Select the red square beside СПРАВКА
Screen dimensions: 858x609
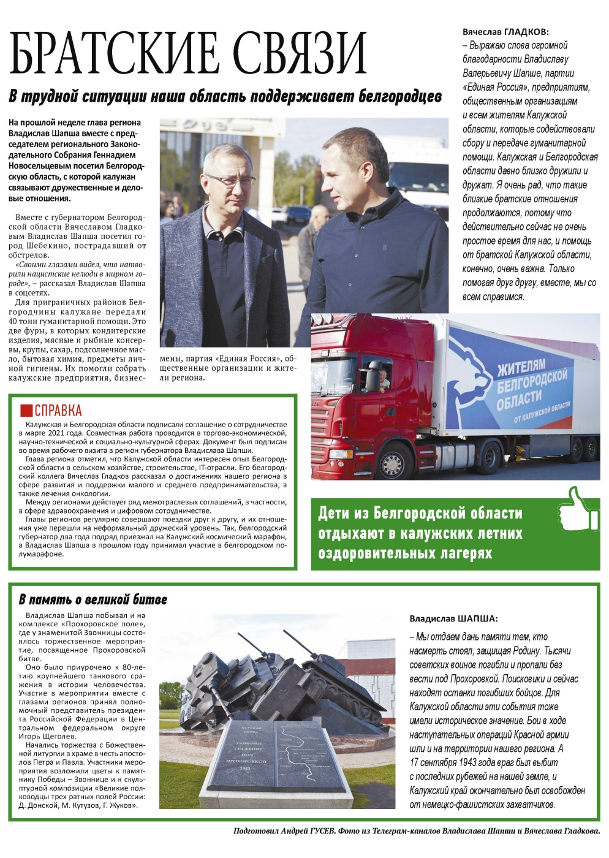click(x=26, y=411)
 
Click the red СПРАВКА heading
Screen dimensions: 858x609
click(x=58, y=411)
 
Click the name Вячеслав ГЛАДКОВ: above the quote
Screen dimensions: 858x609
click(x=505, y=31)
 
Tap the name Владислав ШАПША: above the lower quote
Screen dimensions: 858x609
click(x=453, y=619)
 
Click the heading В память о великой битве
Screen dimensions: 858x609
click(x=93, y=599)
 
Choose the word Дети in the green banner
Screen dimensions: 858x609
click(x=334, y=513)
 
